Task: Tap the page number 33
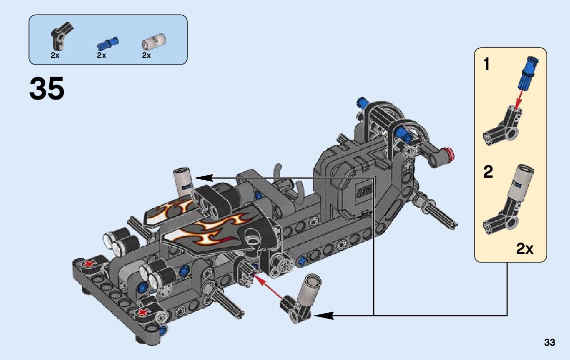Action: point(549,342)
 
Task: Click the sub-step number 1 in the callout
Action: point(487,65)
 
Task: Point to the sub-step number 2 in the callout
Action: point(488,172)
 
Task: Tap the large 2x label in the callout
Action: point(525,249)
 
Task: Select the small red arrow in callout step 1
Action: point(518,100)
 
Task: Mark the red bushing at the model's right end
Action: point(448,152)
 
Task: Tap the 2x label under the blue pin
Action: point(102,55)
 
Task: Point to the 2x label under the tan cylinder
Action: point(147,55)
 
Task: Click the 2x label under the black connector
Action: point(55,55)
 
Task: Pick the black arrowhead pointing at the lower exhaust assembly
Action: point(322,315)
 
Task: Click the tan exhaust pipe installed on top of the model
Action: point(183,180)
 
